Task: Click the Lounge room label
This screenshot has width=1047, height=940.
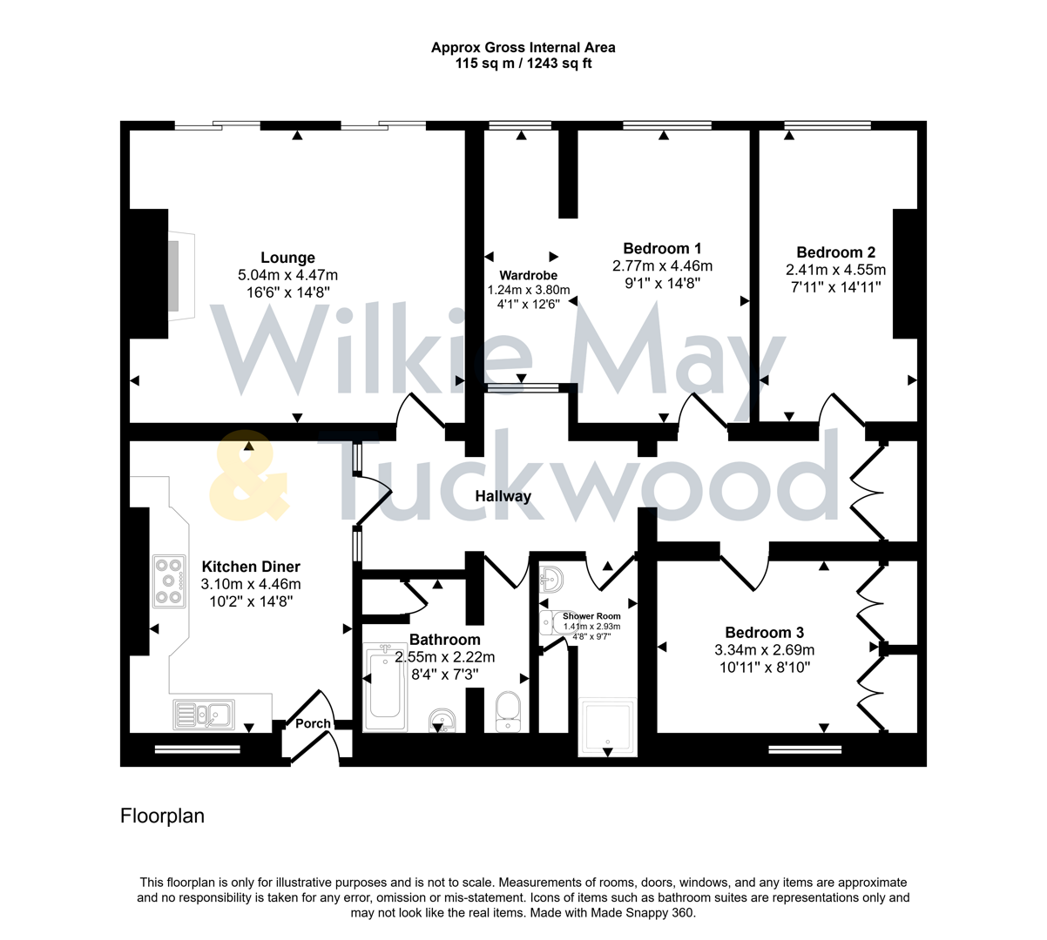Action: point(287,258)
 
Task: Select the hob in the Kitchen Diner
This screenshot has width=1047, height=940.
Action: point(169,581)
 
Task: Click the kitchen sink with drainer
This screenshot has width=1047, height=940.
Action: point(202,715)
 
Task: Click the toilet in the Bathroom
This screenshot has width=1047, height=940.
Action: point(507,710)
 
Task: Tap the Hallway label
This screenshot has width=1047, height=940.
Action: point(503,496)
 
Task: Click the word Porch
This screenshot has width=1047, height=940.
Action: point(313,723)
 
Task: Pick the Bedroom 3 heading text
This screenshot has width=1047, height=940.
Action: point(764,633)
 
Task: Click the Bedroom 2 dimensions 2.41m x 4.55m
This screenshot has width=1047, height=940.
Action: point(835,270)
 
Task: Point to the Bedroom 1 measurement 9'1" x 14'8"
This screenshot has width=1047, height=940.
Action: point(662,283)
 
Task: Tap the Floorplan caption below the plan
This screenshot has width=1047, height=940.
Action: point(162,816)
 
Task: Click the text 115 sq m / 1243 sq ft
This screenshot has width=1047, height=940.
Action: point(523,64)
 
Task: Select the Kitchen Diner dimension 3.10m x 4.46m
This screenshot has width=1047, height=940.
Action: point(250,584)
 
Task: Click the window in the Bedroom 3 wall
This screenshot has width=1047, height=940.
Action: point(805,748)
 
